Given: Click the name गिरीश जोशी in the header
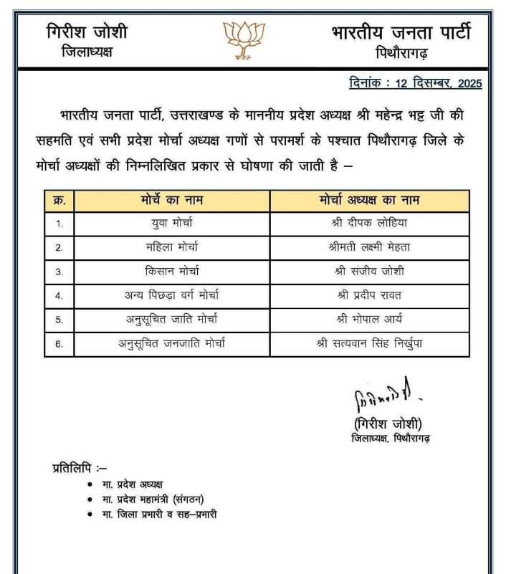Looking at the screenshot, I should click(x=87, y=32).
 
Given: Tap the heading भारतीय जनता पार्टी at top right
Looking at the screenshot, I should click(x=401, y=32).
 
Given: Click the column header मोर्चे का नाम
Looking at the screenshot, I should click(x=172, y=200).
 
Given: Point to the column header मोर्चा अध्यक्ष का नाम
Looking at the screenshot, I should click(x=369, y=200).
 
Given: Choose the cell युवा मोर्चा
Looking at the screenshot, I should click(x=172, y=223).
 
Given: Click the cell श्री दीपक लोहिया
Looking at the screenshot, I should click(x=369, y=223).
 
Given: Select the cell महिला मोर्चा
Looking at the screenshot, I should click(x=172, y=247).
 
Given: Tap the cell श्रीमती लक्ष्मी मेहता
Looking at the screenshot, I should click(x=369, y=247).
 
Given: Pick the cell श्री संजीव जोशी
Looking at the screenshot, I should click(x=369, y=272).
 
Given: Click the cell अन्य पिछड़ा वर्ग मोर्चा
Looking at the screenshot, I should click(x=172, y=295).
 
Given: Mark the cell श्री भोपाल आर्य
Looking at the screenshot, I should click(x=369, y=320).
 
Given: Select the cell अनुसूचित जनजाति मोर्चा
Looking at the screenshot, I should click(x=172, y=343).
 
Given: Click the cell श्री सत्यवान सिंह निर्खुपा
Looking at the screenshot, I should click(x=369, y=343).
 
